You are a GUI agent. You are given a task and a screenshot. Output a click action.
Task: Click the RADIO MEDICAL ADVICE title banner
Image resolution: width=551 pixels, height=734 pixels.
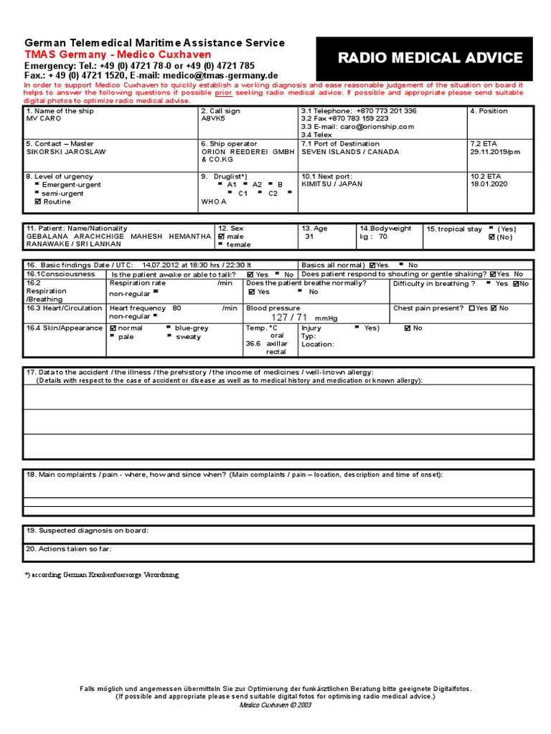[x=430, y=58]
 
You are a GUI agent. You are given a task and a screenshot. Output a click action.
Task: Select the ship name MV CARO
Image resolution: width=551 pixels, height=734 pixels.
[x=43, y=119]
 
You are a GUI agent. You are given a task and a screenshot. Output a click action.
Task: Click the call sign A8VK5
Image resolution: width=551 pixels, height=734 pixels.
[x=213, y=119]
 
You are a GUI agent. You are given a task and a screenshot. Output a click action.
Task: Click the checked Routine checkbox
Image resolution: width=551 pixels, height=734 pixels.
[x=38, y=202]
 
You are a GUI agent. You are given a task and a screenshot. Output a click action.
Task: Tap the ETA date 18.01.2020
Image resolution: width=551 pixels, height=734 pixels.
[x=489, y=184]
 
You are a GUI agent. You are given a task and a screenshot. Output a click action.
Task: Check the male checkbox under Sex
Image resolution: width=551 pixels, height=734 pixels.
[x=222, y=237]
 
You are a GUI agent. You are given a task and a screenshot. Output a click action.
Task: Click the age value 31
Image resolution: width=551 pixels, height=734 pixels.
[x=309, y=237]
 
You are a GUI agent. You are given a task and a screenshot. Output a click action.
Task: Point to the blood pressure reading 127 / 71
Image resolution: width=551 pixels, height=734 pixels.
[x=289, y=318]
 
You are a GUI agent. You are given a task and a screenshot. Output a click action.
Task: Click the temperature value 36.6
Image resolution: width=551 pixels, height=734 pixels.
[x=253, y=343]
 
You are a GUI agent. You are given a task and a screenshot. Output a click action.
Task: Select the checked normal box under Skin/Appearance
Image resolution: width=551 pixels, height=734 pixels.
[x=113, y=328]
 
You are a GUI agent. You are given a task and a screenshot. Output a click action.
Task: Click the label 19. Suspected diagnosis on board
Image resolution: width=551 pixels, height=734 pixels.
[x=88, y=530]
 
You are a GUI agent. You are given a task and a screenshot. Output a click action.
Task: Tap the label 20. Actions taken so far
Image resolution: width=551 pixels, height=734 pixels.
[x=69, y=549]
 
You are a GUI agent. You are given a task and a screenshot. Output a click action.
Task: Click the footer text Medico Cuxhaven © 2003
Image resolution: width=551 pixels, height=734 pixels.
[x=275, y=704]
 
